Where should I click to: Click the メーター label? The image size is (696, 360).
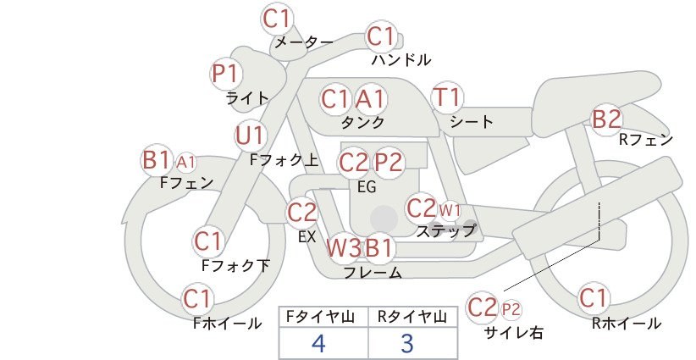coord(304,42)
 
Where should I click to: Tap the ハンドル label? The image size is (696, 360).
coord(400,60)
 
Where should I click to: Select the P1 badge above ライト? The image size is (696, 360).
coord(226,73)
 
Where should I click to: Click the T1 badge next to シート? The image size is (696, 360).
coord(447,97)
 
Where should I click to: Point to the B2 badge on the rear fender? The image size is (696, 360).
coord(606,119)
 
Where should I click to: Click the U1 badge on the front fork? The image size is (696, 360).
coord(251,136)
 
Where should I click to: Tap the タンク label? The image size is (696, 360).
coord(362,122)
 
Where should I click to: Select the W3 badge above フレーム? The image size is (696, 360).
coord(344,247)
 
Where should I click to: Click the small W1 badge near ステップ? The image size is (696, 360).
coord(450,210)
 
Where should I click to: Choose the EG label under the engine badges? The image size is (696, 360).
coord(367,187)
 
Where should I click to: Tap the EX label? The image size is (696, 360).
coord(307,237)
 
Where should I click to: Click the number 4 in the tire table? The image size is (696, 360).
coord(318,343)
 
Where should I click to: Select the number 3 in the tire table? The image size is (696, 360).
coord(407,343)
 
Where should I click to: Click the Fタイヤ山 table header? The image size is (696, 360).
coord(320,317)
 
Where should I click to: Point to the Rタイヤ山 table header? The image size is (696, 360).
coord(412,317)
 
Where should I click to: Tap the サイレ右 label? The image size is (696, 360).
coord(514,333)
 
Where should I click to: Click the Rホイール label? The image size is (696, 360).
coord(627,324)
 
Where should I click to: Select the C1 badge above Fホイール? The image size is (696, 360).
coord(197,299)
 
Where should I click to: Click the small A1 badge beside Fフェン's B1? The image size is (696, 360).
coord(185,163)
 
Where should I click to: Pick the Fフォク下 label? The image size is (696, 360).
coord(235,265)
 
